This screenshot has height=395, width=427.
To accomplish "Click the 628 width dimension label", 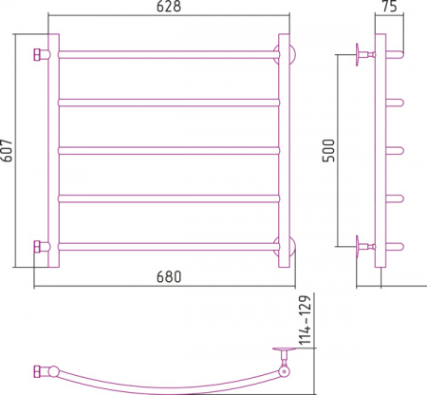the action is coord(169,7).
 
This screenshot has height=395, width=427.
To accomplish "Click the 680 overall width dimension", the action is coord(169,276).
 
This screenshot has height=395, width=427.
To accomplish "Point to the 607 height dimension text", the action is coord(7,150).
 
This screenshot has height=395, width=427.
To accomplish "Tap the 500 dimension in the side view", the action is coord(328,150).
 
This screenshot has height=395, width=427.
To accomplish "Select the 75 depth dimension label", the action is coord(389,7).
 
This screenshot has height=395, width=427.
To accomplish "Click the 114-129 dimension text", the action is coord(306,320).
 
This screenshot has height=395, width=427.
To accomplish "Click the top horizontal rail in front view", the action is coord(169,54).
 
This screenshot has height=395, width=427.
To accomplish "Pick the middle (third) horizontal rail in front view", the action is coord(169,150).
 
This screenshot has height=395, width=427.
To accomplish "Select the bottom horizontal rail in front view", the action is coord(169,247).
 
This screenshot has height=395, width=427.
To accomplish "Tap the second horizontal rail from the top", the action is coord(169,103).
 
